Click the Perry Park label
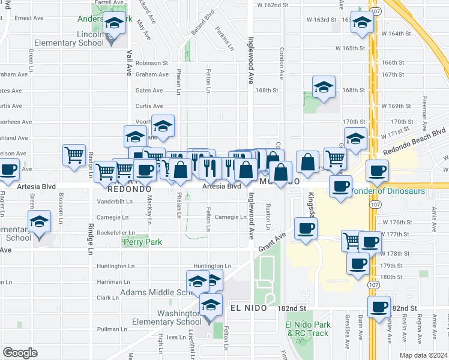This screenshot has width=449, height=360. point(142,242)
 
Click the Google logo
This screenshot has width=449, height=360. point(20,353)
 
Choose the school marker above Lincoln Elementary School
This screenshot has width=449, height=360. point(113,25)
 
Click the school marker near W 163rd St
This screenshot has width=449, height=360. point(363,24)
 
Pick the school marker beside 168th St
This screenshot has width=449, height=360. point(324,88)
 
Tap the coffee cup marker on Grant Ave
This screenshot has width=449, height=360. point(306,229)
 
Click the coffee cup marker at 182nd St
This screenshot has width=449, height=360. point(379,308)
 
